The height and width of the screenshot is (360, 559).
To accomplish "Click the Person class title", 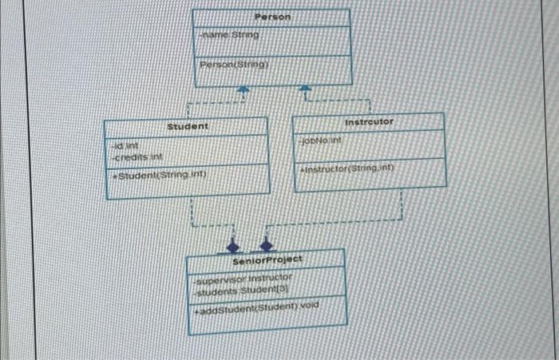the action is pos(273,17).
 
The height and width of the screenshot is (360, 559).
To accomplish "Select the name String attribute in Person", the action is pos(228,35).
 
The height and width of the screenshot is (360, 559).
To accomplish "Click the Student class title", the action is pos(188,126).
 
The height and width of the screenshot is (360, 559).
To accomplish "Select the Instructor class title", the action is pos(369,121).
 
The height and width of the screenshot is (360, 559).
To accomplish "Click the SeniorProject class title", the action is pos(267,261).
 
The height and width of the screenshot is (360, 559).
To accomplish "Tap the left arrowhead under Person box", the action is pos(245,93).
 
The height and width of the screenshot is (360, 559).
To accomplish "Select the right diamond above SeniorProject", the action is pos(268,240).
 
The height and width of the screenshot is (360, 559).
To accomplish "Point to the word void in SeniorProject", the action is pos(307,303).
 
